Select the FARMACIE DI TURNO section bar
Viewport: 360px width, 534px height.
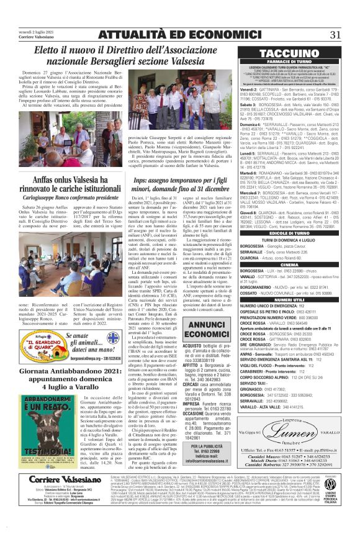(x=294, y=63)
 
